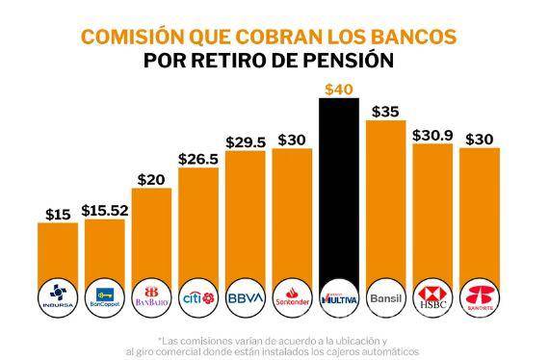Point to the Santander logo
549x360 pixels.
tap(294, 297)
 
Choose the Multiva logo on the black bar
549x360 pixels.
tap(341, 297)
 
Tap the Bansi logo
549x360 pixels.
tap(387, 297)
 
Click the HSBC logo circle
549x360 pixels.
tap(433, 297)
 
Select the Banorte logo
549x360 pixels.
tap(480, 297)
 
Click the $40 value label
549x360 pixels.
tap(341, 90)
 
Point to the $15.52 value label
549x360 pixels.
tap(107, 208)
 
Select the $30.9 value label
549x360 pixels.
tap(433, 136)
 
